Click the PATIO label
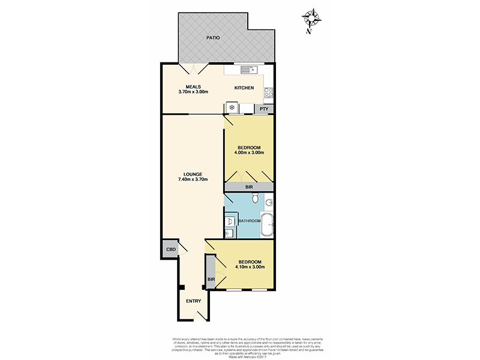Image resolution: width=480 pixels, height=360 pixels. pos(212,38)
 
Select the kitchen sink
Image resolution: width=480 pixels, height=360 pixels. pos(248,70)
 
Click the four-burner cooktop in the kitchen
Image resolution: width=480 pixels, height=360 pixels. pos(269,93)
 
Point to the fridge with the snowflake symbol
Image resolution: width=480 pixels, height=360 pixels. pos(232,108)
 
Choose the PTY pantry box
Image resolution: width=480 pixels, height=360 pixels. pos(263,109)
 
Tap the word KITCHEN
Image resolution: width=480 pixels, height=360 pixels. pos(244,88)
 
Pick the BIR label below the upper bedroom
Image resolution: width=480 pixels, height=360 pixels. pos(248,187)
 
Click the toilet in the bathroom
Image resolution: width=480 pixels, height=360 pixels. pos(255,199)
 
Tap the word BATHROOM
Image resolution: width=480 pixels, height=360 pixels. pos(250,221)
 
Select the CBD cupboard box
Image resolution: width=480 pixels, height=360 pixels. pos(170,250)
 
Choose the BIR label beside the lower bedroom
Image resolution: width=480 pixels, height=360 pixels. pos(211,279)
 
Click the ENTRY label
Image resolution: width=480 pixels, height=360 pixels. pos(193,301)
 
